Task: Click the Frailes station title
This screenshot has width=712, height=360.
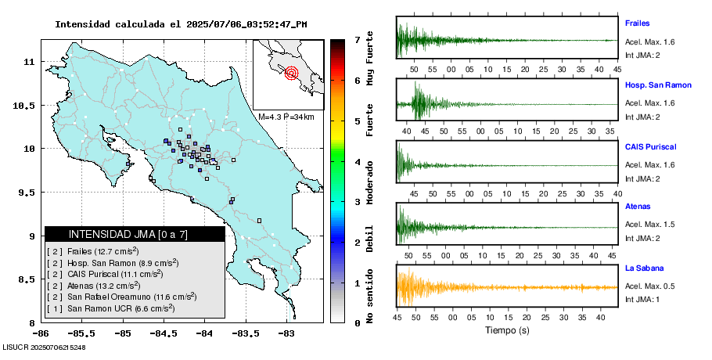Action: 637,23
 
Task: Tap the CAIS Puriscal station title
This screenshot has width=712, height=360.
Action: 650,146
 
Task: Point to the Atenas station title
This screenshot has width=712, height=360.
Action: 637,207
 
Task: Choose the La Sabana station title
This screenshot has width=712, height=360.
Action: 642,268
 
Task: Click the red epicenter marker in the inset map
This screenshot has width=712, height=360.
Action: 292,74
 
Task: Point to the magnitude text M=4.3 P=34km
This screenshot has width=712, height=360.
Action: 286,117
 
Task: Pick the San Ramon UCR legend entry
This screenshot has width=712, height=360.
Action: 117,308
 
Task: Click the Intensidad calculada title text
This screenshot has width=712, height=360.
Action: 181,24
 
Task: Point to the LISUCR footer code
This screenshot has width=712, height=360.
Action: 45,347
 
